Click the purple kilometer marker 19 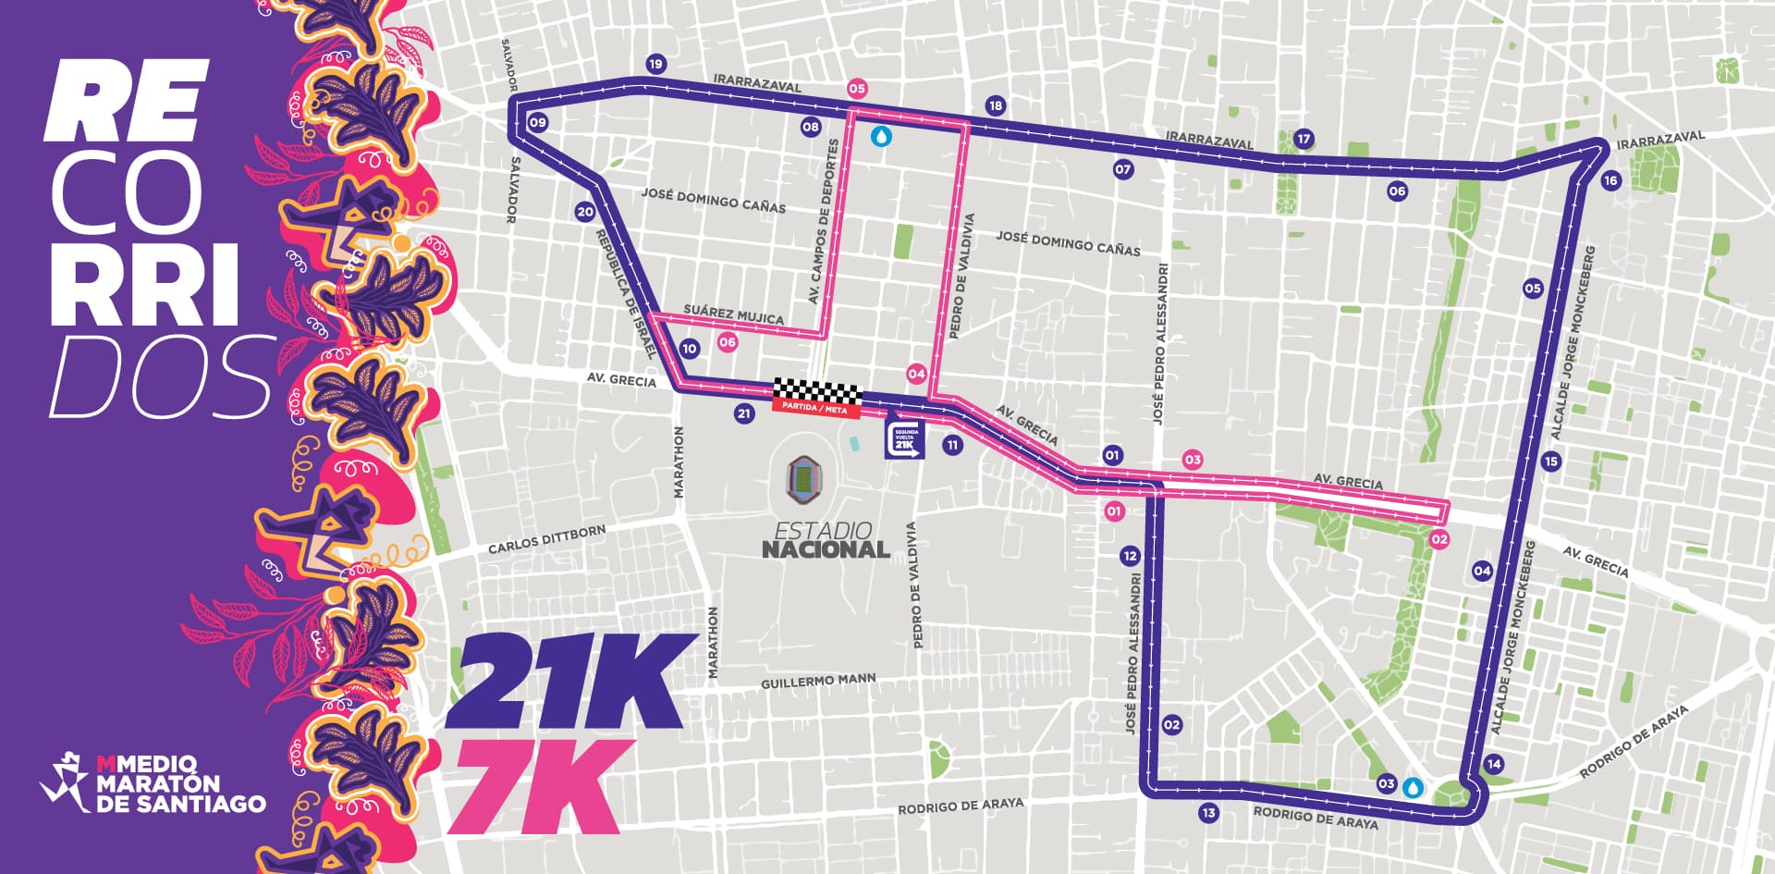(655, 64)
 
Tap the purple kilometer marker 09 (536, 123)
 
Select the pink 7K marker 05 (857, 89)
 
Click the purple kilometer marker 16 (1611, 180)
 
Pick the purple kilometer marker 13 (1208, 814)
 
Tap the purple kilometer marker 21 (744, 413)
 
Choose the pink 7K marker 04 (916, 375)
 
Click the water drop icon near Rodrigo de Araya (1413, 787)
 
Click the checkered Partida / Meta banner (817, 396)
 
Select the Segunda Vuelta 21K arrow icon (905, 440)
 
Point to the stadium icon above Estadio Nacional (802, 479)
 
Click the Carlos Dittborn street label (546, 539)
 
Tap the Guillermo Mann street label (817, 683)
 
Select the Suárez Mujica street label (733, 315)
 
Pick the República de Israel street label (627, 293)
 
